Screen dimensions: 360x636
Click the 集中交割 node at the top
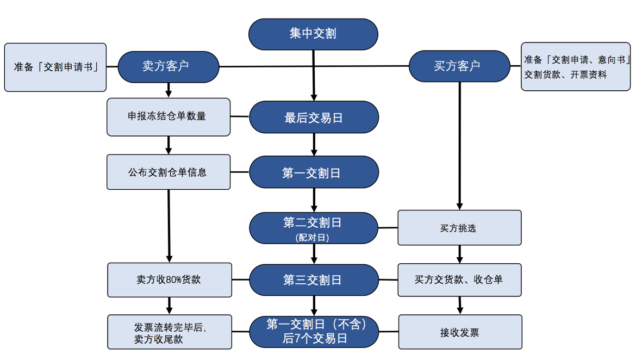click(x=313, y=34)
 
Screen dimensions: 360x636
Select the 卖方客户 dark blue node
click(x=168, y=67)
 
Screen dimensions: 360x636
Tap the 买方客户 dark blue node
click(x=459, y=66)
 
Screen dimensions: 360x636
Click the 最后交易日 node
click(x=314, y=117)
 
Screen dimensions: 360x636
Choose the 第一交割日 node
click(x=314, y=173)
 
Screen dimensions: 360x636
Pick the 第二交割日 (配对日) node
click(x=313, y=228)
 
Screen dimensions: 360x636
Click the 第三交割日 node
click(x=314, y=280)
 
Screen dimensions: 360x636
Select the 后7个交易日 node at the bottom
click(x=314, y=331)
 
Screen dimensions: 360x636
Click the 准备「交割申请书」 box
click(x=55, y=67)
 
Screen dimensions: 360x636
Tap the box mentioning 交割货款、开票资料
click(x=576, y=67)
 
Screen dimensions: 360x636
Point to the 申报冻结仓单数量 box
click(x=169, y=116)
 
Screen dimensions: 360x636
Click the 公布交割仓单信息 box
click(x=169, y=172)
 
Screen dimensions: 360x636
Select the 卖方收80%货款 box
click(x=169, y=280)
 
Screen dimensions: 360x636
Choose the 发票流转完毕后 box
click(x=169, y=332)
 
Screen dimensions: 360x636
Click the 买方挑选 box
click(x=459, y=228)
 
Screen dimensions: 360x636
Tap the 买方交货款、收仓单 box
click(x=459, y=280)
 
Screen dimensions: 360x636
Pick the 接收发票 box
click(x=460, y=332)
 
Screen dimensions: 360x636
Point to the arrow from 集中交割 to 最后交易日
click(x=314, y=76)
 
